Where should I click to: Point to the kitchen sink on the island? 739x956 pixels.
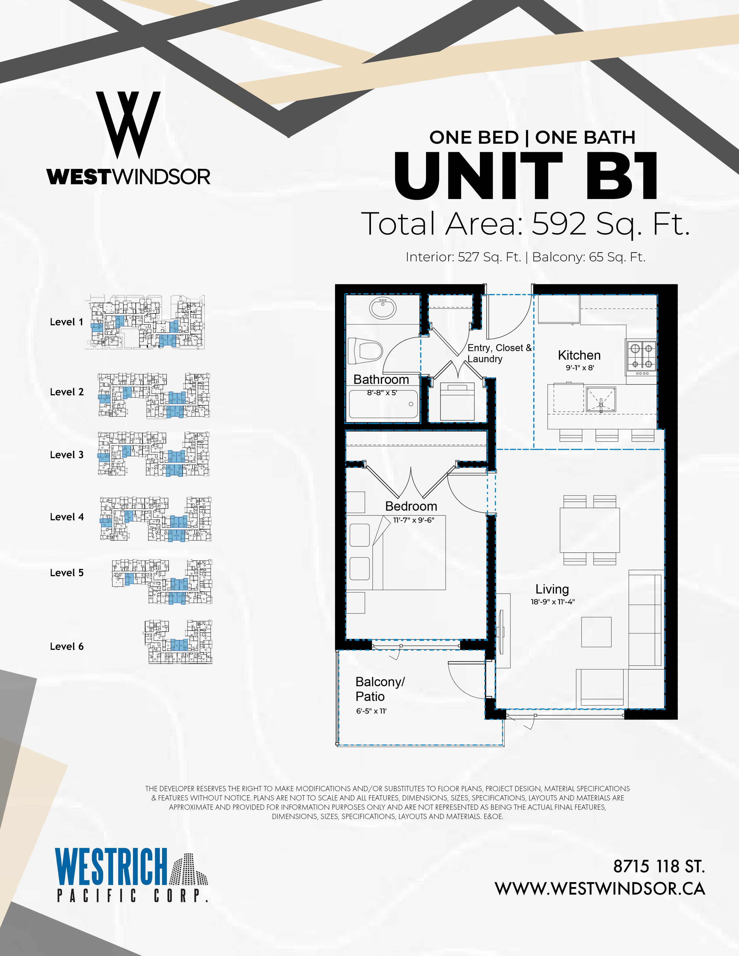pyautogui.click(x=601, y=399)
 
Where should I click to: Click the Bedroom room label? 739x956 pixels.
pyautogui.click(x=411, y=506)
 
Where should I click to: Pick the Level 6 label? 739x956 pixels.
pyautogui.click(x=67, y=646)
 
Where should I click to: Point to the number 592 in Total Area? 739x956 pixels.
pyautogui.click(x=559, y=224)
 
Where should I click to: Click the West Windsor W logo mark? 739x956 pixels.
pyautogui.click(x=128, y=125)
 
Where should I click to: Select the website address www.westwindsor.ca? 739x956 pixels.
pyautogui.click(x=600, y=888)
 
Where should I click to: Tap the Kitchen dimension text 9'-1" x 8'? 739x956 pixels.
pyautogui.click(x=580, y=368)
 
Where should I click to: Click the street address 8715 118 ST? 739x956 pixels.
pyautogui.click(x=659, y=866)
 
